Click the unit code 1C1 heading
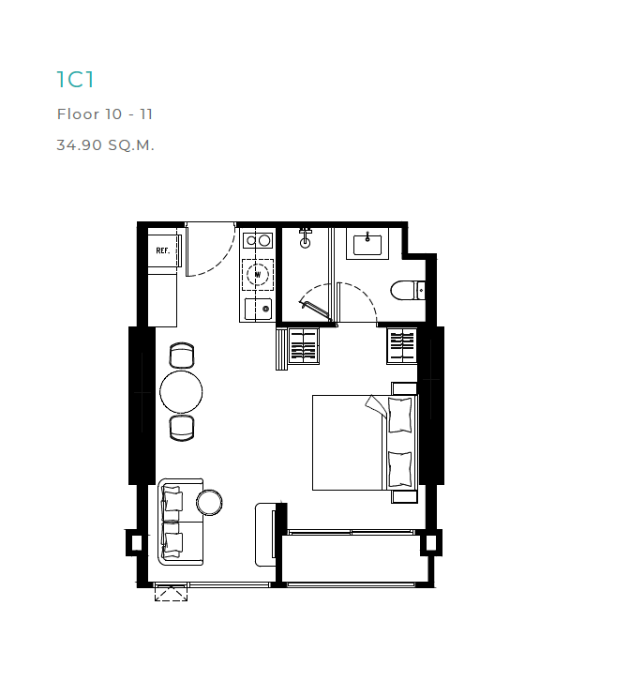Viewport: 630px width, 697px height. pyautogui.click(x=76, y=80)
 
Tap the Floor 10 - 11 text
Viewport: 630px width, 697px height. pyautogui.click(x=105, y=114)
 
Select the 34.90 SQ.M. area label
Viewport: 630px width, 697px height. pyautogui.click(x=105, y=144)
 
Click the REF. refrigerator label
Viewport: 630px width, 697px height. pyautogui.click(x=163, y=250)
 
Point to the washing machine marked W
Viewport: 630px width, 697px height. pyautogui.click(x=258, y=275)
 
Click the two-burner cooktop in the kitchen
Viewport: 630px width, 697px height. pyautogui.click(x=258, y=240)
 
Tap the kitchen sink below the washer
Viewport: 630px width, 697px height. pyautogui.click(x=258, y=310)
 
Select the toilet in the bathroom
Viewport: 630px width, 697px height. pyautogui.click(x=408, y=290)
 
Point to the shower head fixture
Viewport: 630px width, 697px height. pyautogui.click(x=306, y=238)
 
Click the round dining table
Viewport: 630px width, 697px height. pyautogui.click(x=181, y=392)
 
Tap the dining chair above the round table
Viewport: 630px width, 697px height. pyautogui.click(x=182, y=356)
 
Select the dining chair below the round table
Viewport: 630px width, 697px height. pyautogui.click(x=182, y=429)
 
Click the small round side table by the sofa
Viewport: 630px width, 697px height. pyautogui.click(x=209, y=503)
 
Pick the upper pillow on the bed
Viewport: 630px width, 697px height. pyautogui.click(x=400, y=416)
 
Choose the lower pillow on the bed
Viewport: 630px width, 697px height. pyautogui.click(x=400, y=469)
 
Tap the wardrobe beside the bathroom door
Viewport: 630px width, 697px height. pyautogui.click(x=401, y=346)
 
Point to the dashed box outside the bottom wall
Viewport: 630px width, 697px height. pyautogui.click(x=171, y=594)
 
